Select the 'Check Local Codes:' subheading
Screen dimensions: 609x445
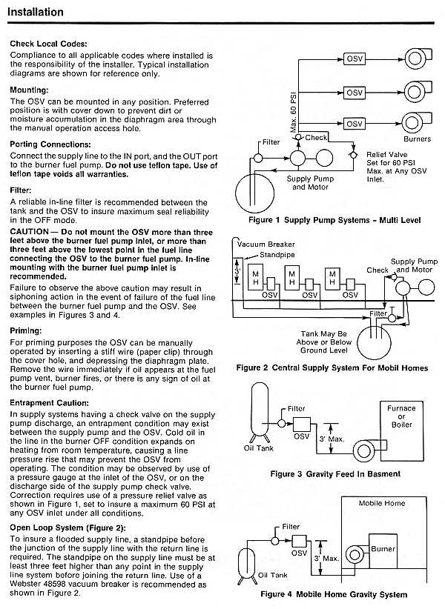pos(49,44)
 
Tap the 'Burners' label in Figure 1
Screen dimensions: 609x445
pos(417,139)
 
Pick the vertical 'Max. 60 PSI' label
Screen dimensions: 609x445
pos(294,108)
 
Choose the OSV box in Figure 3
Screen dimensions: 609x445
pos(301,426)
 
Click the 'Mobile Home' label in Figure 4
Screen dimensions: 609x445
pos(382,504)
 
